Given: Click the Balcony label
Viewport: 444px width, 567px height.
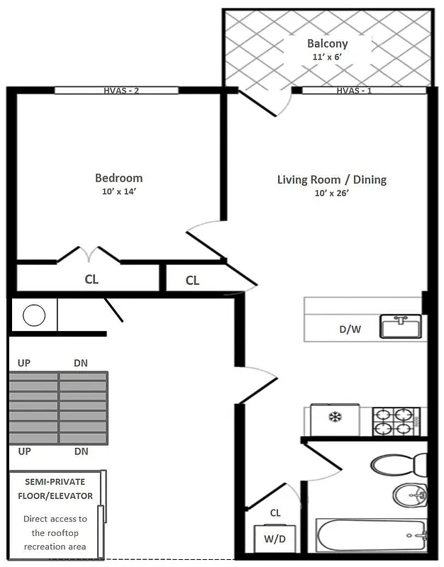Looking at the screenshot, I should tap(327, 44).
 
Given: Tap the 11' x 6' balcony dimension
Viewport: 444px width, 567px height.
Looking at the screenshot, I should tap(327, 57).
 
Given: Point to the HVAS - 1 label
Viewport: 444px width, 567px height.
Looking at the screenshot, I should tap(355, 90).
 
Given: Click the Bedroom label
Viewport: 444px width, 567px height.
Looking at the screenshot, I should tap(118, 178).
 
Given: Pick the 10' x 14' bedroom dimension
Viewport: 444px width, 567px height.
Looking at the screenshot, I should tap(118, 191).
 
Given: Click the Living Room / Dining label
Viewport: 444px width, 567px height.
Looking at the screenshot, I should tap(331, 179).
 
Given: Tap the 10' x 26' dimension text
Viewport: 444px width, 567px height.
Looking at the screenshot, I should tap(331, 193).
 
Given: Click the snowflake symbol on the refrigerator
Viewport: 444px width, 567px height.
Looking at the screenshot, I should tap(334, 417).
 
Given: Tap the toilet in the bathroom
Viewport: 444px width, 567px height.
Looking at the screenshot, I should tap(397, 465).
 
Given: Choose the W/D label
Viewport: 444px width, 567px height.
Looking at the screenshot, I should tap(274, 538).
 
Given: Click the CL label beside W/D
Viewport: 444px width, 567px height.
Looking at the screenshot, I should tap(275, 513).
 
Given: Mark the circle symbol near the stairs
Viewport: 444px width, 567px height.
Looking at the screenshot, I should tap(34, 315).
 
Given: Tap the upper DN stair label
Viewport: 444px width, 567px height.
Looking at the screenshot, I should tap(81, 363).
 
